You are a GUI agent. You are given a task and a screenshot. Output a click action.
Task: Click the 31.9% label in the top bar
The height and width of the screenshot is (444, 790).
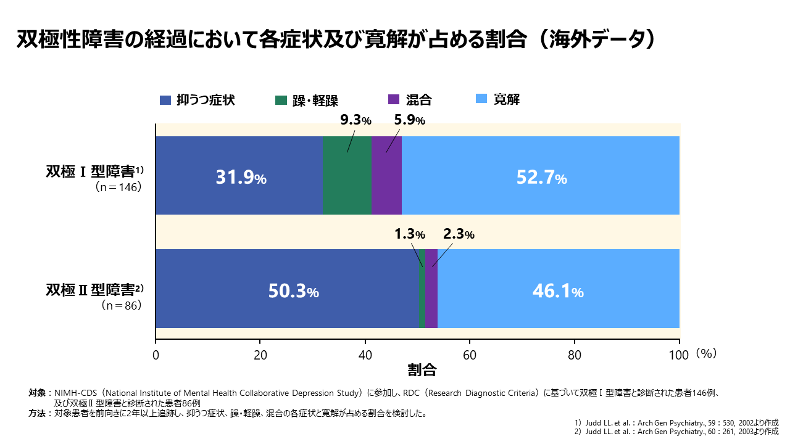point(241,178)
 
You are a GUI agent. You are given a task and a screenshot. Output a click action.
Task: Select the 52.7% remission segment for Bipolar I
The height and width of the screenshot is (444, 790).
point(541,178)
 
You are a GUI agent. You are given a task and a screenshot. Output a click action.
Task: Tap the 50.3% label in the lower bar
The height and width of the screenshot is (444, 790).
point(293,291)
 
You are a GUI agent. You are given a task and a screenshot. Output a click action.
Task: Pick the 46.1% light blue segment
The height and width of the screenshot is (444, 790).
point(558,291)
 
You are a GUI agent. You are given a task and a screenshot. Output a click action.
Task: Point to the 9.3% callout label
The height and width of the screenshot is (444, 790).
point(356,120)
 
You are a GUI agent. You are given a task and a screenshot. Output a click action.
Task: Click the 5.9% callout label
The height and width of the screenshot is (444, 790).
point(409,120)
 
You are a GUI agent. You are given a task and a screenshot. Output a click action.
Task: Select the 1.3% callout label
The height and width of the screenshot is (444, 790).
point(410,234)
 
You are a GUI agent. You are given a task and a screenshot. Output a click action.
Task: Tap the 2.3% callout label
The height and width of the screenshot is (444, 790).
point(459,234)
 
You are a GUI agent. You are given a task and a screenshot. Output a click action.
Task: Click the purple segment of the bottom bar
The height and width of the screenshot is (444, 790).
point(431,289)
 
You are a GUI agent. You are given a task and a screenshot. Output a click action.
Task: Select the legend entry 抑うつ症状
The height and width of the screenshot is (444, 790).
point(197,100)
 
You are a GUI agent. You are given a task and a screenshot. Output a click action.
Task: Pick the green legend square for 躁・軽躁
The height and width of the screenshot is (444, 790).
point(281,100)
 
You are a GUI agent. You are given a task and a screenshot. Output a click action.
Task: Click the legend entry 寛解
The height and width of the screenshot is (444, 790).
point(499,100)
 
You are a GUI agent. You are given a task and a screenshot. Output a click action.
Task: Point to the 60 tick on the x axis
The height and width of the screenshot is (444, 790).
point(470,355)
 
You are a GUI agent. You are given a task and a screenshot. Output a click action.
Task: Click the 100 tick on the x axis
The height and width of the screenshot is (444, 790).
point(679,355)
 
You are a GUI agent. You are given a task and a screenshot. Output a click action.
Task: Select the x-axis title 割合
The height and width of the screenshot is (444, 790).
point(422,370)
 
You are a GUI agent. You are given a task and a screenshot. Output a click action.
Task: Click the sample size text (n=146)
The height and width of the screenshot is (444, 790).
point(118,187)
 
